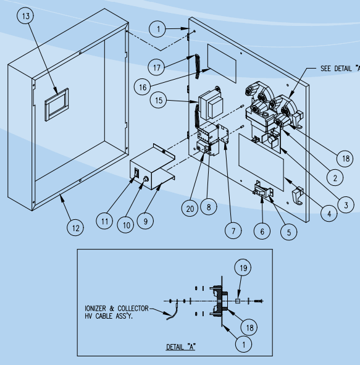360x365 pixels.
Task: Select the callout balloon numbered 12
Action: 75,228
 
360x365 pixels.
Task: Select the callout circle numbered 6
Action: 261,232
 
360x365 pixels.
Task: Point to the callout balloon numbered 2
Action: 335,177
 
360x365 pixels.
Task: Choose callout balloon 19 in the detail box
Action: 242,268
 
